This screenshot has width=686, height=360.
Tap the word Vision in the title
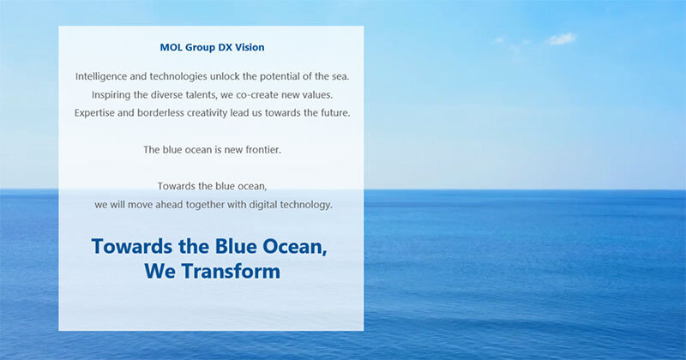pos(250,47)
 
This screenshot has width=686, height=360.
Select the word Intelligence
pos(101,76)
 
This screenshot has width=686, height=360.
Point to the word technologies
pos(178,76)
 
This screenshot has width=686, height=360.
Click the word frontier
pos(263,150)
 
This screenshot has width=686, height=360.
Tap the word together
pos(205,205)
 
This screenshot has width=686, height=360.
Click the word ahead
pos(169,204)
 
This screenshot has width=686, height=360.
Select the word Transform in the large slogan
pos(231,271)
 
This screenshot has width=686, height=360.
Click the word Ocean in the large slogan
pos(294,246)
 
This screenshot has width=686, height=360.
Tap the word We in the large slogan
pos(160,271)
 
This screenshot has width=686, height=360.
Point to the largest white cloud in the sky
pos(562,39)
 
